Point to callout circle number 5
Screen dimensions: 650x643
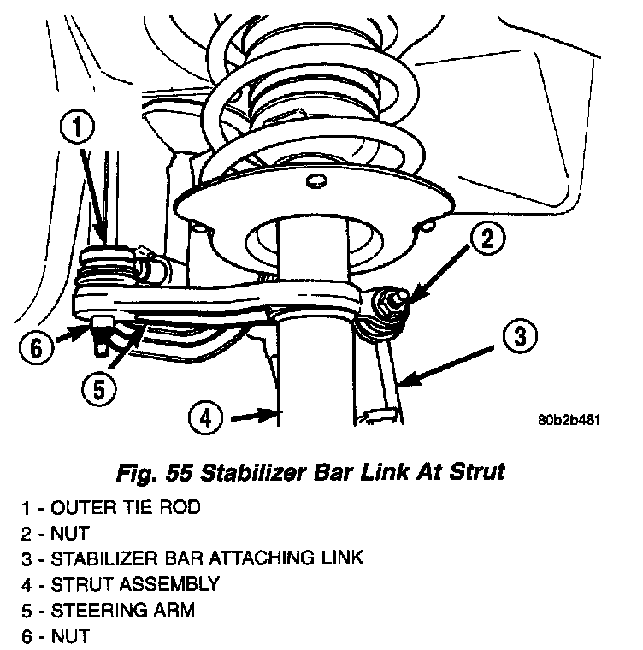coord(99,389)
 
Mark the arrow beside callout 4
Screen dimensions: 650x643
coord(256,416)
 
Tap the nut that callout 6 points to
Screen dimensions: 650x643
coord(102,324)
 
